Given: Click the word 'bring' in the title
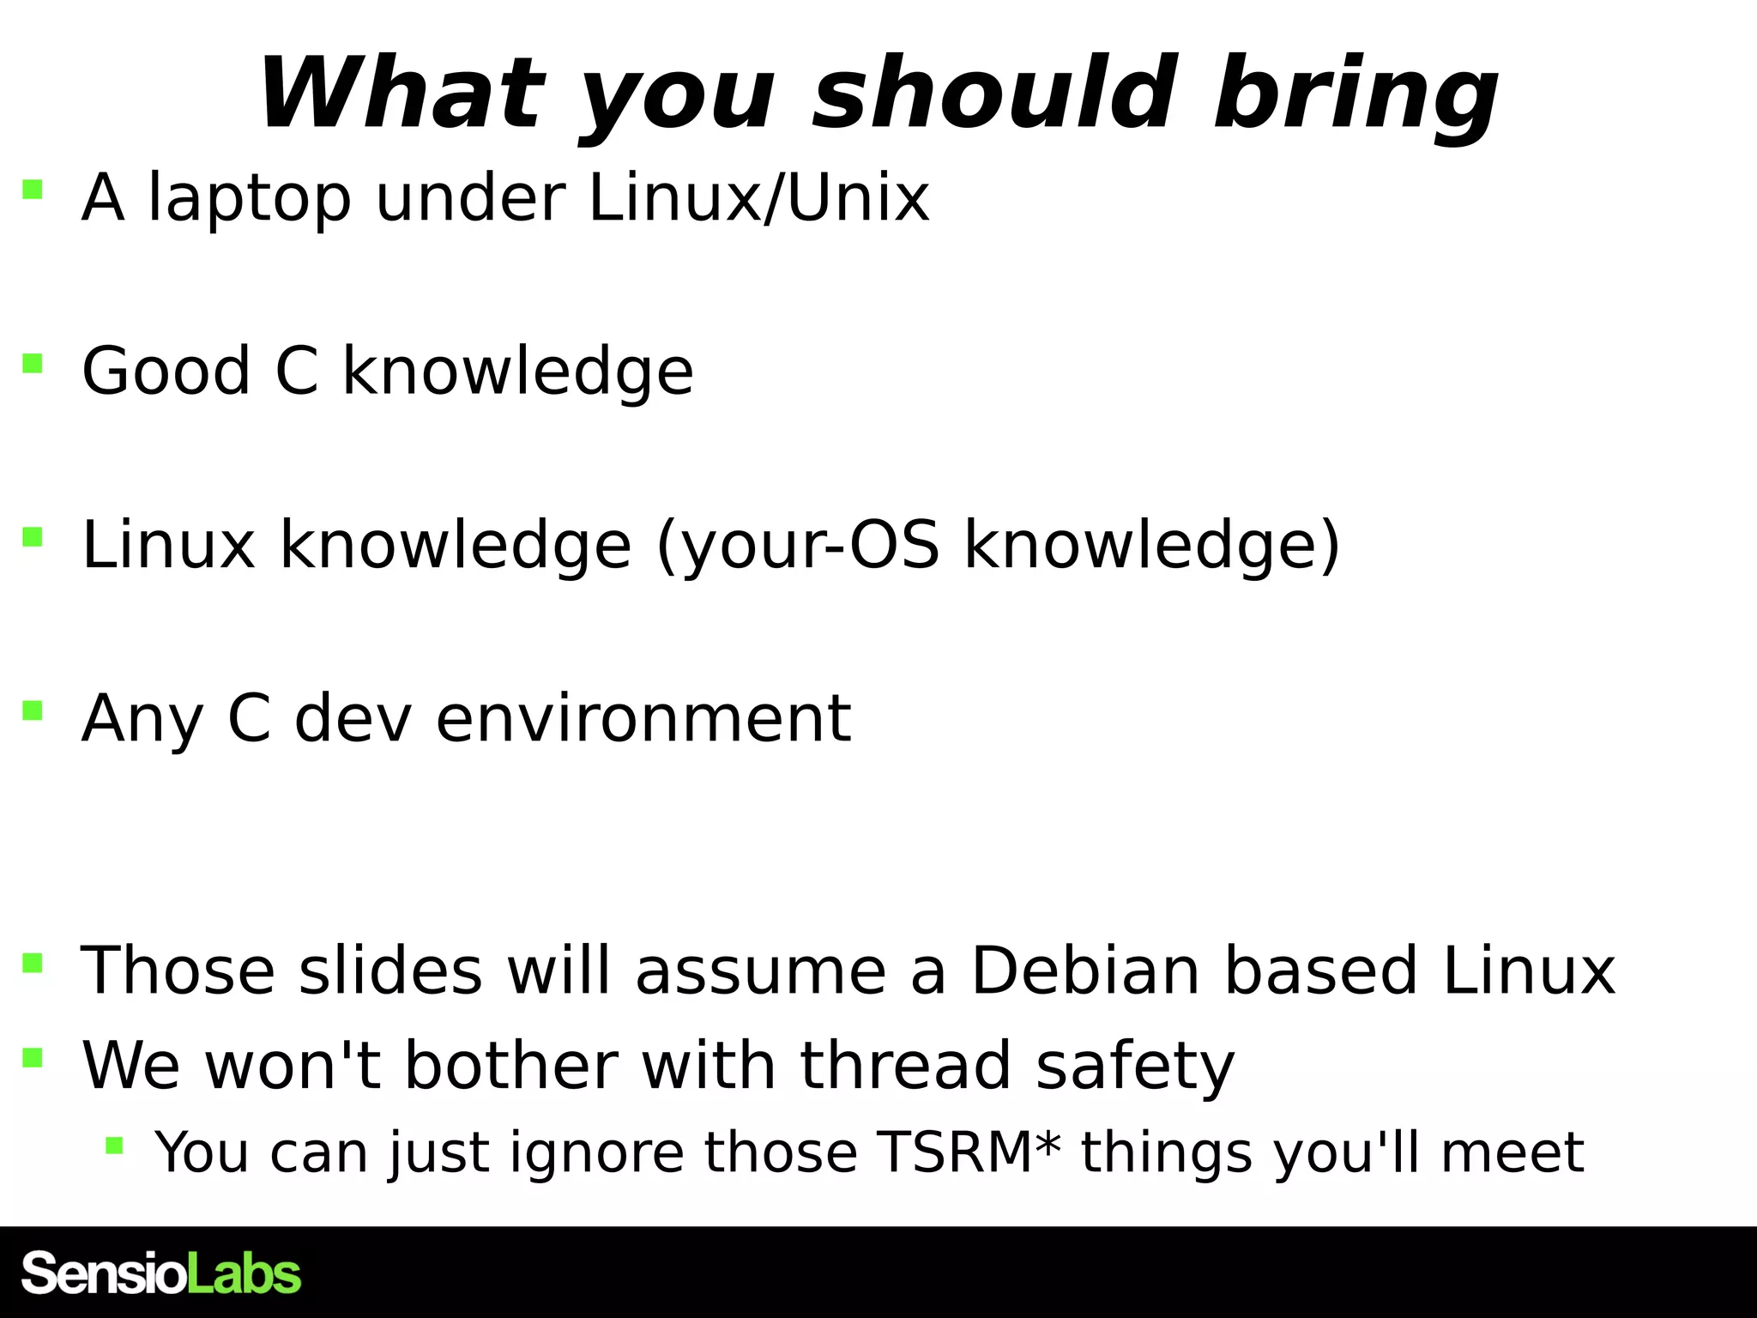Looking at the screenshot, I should click(1355, 94).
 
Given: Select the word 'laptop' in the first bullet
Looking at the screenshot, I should click(250, 200).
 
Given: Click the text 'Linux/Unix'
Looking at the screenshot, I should click(759, 198).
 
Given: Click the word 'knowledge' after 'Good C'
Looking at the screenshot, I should click(518, 373).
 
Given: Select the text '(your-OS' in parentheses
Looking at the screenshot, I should click(798, 547).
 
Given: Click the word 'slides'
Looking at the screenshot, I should click(390, 970).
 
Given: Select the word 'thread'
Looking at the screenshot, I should click(906, 1065).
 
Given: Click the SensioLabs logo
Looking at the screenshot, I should click(161, 1273).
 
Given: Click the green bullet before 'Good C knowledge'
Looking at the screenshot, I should click(33, 364).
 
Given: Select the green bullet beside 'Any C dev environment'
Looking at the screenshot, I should click(33, 710).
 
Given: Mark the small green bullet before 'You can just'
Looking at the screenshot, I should click(114, 1145).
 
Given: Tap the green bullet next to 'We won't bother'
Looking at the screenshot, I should click(33, 1057).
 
